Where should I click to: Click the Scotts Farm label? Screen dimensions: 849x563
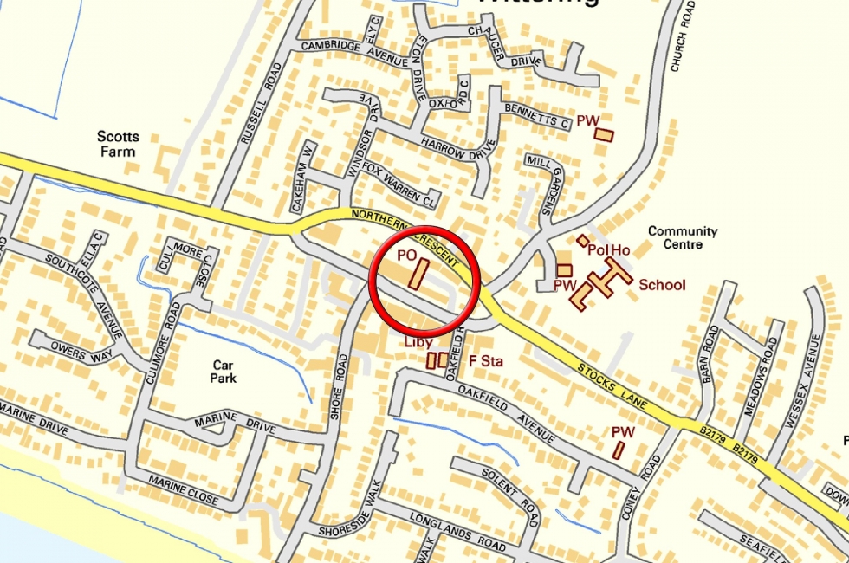118,144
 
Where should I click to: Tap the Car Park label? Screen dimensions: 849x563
224,372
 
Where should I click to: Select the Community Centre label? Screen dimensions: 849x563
683,237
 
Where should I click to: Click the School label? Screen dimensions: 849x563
662,285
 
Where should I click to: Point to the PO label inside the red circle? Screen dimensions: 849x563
407,256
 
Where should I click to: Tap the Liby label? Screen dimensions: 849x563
418,342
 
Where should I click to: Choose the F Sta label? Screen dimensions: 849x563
485,359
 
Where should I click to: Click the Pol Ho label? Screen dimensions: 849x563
608,250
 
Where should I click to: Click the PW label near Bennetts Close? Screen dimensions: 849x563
588,121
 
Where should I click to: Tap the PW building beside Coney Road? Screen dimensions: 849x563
619,450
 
